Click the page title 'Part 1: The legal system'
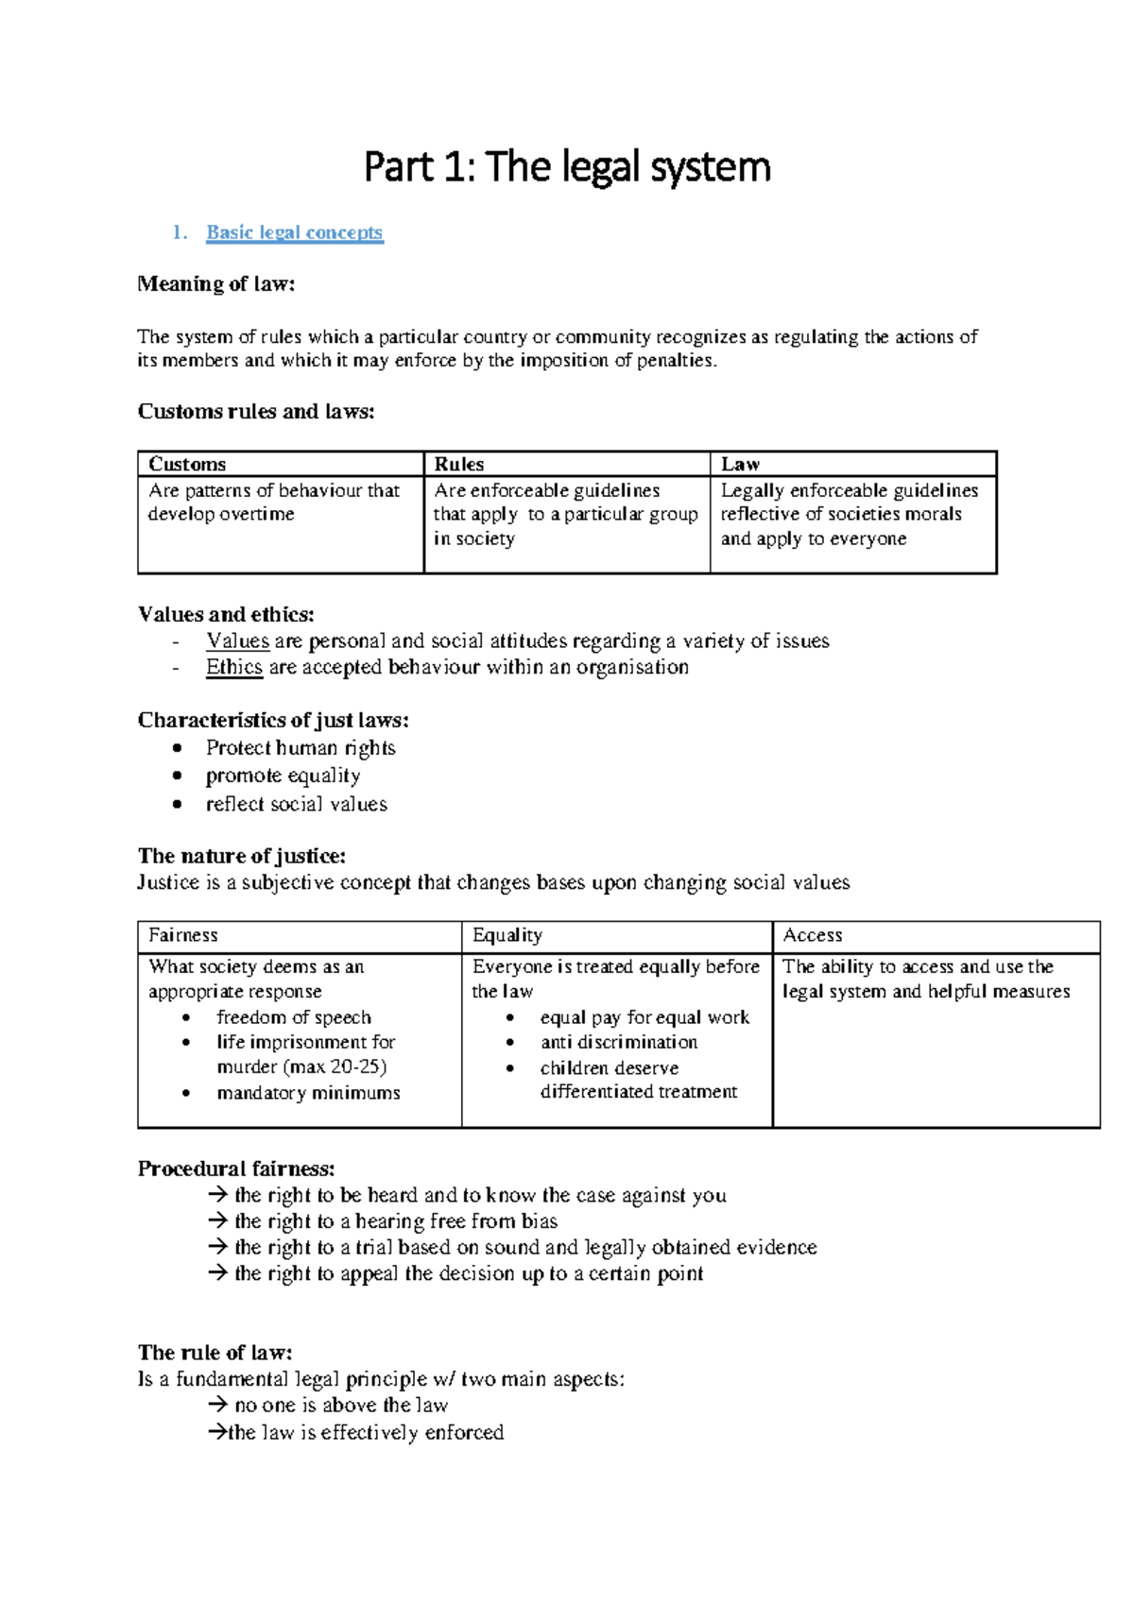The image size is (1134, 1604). [567, 167]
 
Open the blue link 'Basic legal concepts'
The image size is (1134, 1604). [294, 232]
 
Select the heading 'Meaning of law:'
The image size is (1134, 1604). [216, 284]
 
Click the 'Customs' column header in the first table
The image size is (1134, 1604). [187, 464]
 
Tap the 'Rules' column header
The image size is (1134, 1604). [458, 464]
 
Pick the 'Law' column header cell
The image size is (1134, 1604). [740, 464]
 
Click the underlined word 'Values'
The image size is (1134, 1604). [237, 641]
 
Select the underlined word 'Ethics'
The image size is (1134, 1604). [233, 668]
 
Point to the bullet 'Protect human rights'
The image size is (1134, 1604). [301, 748]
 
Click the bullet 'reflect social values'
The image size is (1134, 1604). [296, 805]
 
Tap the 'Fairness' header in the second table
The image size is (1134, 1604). [183, 935]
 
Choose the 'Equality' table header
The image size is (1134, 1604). [507, 935]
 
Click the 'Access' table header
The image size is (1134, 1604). [813, 935]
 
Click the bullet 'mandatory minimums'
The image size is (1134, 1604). [308, 1093]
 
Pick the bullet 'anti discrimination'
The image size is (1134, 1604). [618, 1043]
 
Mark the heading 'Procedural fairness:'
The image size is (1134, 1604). [236, 1169]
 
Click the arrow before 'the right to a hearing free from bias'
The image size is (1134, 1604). [218, 1221]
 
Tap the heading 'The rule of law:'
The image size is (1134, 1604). [215, 1353]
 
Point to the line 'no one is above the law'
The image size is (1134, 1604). [340, 1406]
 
